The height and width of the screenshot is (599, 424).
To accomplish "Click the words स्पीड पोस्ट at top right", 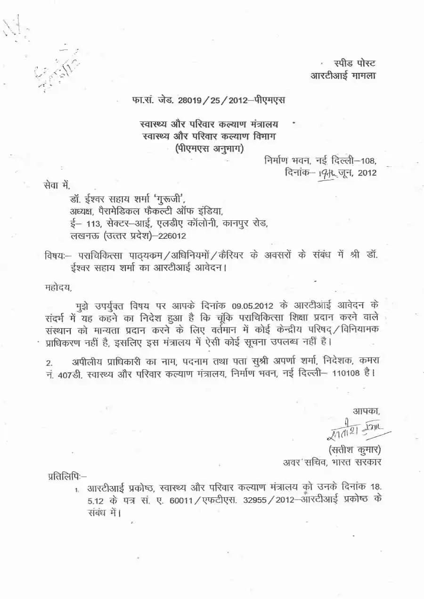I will (354, 63).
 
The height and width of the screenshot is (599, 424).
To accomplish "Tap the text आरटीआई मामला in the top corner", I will (343, 75).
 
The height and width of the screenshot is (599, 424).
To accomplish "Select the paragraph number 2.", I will (49, 362).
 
